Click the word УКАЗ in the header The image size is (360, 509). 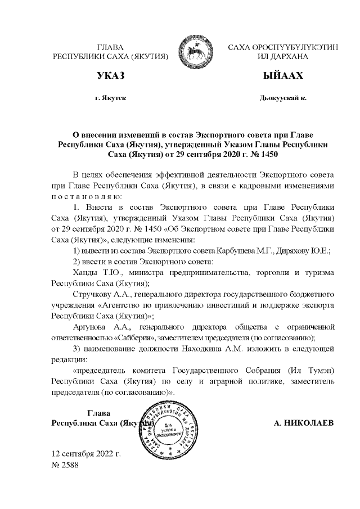click(x=110, y=75)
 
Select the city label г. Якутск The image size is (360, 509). click(x=110, y=98)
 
